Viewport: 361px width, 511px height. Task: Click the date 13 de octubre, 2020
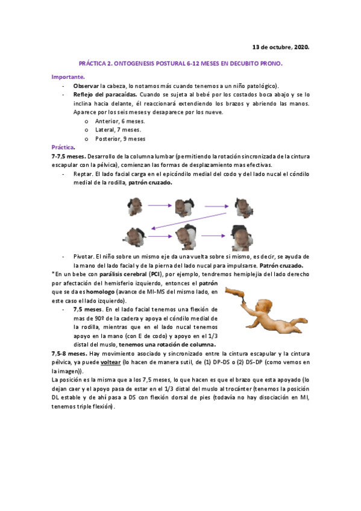click(280, 46)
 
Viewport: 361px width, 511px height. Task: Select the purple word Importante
click(68, 77)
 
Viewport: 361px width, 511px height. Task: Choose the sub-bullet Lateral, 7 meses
click(118, 130)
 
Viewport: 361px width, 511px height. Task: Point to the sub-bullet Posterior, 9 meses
click(121, 139)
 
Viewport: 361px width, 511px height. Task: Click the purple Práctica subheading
click(63, 147)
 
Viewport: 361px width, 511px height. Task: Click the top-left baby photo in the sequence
click(135, 207)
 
